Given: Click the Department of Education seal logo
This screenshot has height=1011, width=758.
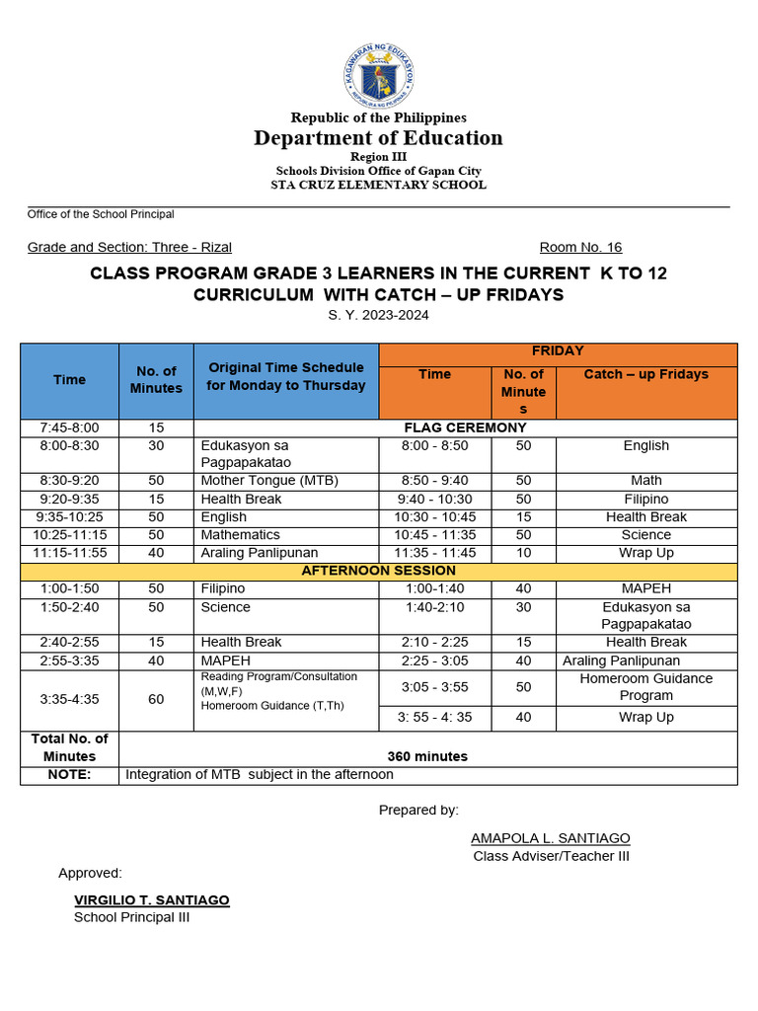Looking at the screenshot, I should [x=379, y=76].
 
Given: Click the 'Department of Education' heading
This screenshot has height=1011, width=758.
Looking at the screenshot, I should [x=379, y=138].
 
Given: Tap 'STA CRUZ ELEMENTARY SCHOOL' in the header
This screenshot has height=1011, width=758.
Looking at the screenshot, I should [x=379, y=185].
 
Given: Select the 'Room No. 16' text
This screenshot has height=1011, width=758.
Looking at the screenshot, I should [x=580, y=248].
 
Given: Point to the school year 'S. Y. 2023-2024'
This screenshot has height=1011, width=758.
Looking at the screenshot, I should [x=379, y=315].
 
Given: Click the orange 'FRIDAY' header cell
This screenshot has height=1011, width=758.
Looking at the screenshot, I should [x=558, y=351].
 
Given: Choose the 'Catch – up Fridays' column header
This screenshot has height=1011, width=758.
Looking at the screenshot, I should [x=646, y=374].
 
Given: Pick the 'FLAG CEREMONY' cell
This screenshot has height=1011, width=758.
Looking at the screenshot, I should [x=466, y=428].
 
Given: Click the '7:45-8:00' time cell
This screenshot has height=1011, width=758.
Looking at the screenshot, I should [x=69, y=428].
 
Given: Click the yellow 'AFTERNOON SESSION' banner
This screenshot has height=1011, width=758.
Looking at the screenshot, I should [x=379, y=571].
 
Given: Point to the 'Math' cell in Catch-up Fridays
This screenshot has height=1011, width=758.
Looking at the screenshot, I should [x=646, y=481].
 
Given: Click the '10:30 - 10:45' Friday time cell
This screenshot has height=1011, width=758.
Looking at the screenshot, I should [x=434, y=517].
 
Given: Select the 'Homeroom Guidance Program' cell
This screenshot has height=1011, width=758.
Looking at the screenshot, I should [x=646, y=687].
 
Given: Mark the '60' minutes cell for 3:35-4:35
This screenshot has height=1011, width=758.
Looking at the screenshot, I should [x=156, y=699].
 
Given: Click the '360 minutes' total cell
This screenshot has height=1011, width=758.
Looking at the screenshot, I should [x=427, y=756].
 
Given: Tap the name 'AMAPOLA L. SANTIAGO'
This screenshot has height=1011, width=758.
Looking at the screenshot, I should [x=550, y=838].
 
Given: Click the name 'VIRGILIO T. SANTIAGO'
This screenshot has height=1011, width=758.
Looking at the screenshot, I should [x=152, y=900].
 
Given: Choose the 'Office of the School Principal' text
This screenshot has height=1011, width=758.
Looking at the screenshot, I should [x=101, y=214].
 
